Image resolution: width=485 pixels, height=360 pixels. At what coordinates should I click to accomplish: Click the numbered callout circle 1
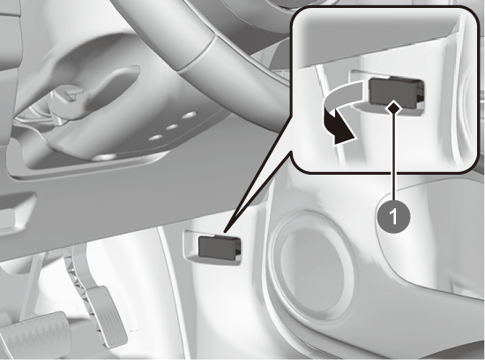point(394,215)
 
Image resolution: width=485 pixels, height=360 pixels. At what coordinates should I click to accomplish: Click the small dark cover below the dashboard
point(219,247)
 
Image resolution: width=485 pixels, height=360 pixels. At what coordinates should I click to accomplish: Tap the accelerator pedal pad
point(107,316)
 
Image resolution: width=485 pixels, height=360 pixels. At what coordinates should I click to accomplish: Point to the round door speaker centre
point(313,272)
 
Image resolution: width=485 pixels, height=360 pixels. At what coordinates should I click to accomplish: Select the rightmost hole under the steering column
point(189,116)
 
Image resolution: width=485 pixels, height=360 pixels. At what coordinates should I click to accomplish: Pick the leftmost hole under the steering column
point(156,137)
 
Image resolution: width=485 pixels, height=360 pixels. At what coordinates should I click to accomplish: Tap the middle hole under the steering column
point(172,127)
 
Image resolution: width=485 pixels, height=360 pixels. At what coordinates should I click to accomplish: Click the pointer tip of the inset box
point(225,231)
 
